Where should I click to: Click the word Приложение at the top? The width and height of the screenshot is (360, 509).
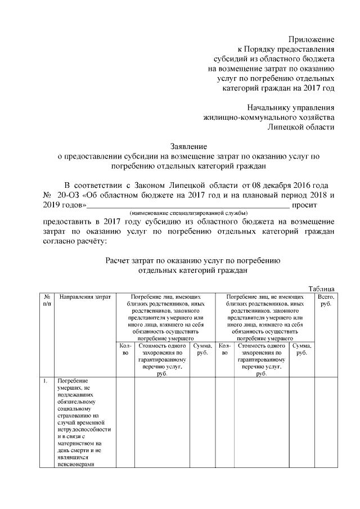(311, 39)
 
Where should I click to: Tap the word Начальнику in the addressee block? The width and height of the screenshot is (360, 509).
(275, 107)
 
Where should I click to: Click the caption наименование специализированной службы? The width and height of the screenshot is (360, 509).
(188, 214)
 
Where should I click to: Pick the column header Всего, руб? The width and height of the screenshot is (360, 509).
(326, 299)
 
